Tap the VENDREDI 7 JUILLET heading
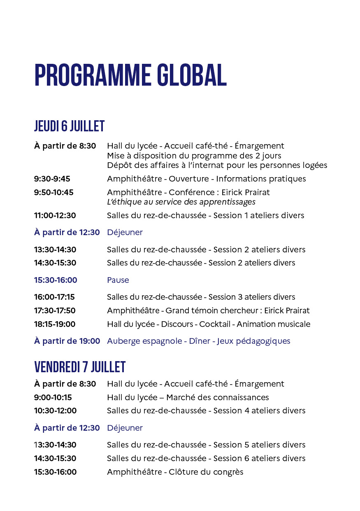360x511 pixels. [x=80, y=366]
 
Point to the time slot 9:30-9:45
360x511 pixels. [x=52, y=179]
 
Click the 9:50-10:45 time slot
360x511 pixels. [x=53, y=192]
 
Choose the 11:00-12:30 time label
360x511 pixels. [x=55, y=215]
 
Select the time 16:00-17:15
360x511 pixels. [x=54, y=297]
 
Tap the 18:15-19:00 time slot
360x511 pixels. [x=54, y=324]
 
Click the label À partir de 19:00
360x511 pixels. [x=67, y=341]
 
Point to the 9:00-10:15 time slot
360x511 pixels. [x=53, y=397]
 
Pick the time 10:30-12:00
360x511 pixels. [x=55, y=411]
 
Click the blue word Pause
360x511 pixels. [x=118, y=280]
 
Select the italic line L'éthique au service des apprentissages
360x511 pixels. [x=181, y=202]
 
